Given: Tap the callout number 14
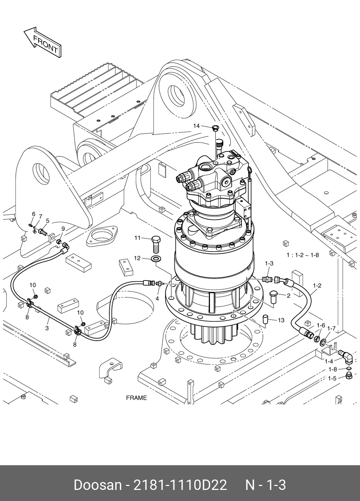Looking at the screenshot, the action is pos(196,126).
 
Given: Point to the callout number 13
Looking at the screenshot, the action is pos(281,320).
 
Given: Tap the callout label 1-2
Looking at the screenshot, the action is pos(317,286).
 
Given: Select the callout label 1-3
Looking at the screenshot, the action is pos(269,263).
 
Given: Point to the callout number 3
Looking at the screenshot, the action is pos(47,328).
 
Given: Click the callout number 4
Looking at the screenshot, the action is pos(157,298).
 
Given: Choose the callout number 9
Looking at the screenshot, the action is pos(63,229).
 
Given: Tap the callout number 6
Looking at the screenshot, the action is pos(34,214).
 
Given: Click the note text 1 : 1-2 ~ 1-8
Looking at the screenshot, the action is pos(303,255).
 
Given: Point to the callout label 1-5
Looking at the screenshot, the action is pos(332,379).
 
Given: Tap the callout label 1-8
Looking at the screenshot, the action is pos(333,369).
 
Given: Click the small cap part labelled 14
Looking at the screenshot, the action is pos(215,128).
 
